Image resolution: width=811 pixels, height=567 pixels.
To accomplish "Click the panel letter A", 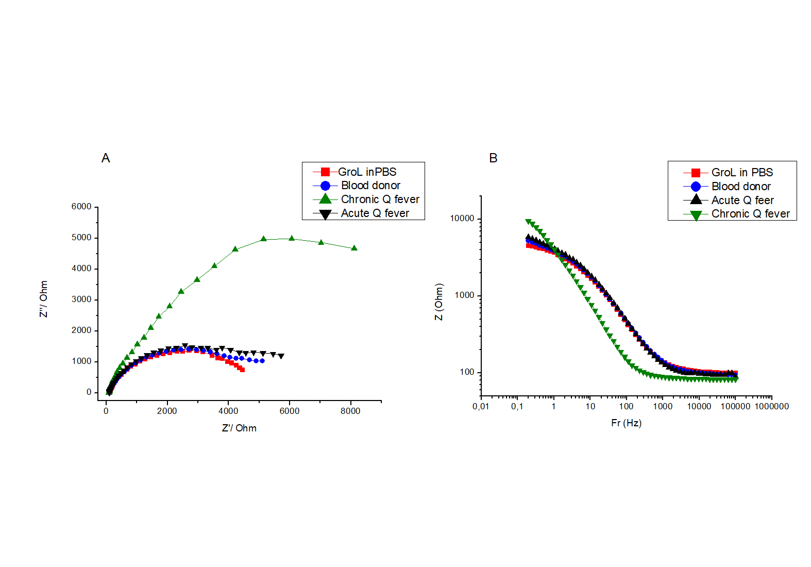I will pyautogui.click(x=106, y=158).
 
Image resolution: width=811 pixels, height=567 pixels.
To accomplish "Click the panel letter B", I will pyautogui.click(x=493, y=158).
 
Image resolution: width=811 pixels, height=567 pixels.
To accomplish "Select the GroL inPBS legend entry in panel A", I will pyautogui.click(x=367, y=172).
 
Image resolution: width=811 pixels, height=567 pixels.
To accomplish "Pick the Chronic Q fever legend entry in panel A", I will pyautogui.click(x=380, y=199).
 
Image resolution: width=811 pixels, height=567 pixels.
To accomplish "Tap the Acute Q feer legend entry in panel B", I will pyautogui.click(x=742, y=201).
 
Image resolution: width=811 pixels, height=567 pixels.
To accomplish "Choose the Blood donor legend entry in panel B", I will pyautogui.click(x=741, y=187).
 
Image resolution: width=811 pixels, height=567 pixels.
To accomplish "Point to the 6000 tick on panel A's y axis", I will pyautogui.click(x=81, y=207).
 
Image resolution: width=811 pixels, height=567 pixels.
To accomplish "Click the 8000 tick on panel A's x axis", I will pyautogui.click(x=350, y=411).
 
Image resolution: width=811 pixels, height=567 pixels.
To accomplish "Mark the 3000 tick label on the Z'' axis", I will pyautogui.click(x=81, y=299).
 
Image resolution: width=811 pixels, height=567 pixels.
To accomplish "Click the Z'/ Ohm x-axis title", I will pyautogui.click(x=239, y=428).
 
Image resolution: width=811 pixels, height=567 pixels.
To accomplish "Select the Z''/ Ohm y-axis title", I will pyautogui.click(x=44, y=299).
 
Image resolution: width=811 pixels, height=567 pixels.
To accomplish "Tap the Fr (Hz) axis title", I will pyautogui.click(x=626, y=423).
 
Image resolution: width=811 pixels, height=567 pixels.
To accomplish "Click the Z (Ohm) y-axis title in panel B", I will pyautogui.click(x=439, y=302).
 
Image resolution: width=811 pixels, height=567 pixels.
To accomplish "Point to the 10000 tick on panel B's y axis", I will pyautogui.click(x=462, y=219).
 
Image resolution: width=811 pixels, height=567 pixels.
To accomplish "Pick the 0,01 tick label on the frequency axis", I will pyautogui.click(x=481, y=407).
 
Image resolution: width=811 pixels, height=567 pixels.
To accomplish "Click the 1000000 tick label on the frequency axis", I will pyautogui.click(x=771, y=407).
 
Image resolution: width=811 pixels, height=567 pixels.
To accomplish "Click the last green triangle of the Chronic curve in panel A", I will pyautogui.click(x=354, y=248).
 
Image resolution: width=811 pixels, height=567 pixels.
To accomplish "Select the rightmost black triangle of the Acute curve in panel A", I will pyautogui.click(x=281, y=356).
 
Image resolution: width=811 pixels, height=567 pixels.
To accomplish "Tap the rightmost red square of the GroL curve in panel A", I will pyautogui.click(x=242, y=370).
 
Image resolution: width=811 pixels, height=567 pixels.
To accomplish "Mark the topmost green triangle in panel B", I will pyautogui.click(x=528, y=222).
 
